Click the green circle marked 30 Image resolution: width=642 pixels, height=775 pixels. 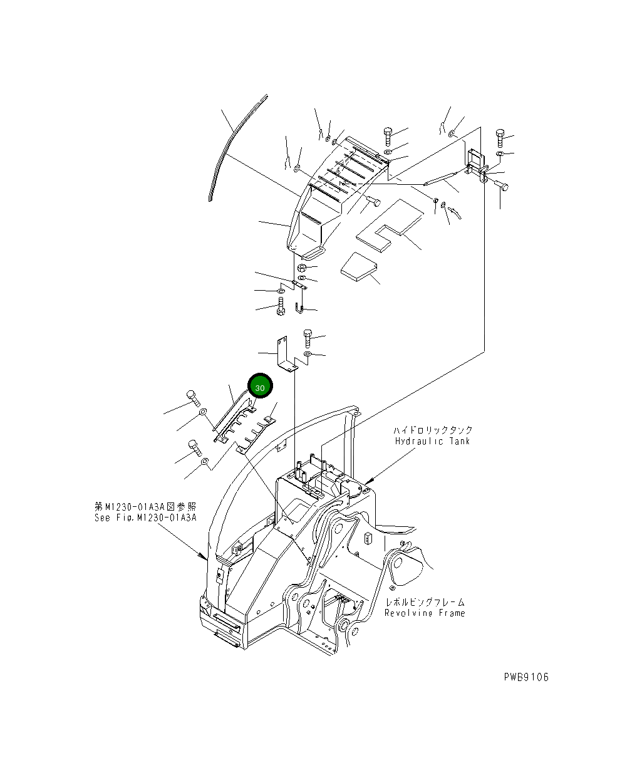[x=261, y=387]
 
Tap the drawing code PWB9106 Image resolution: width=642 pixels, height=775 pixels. [x=526, y=677]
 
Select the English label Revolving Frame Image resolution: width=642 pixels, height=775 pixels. [x=425, y=613]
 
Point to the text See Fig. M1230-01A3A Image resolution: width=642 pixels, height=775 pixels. [x=145, y=518]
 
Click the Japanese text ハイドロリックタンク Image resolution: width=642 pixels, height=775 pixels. [x=433, y=430]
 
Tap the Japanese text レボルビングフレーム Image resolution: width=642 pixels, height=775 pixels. [x=425, y=602]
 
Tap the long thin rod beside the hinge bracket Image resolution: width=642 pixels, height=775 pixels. [x=445, y=176]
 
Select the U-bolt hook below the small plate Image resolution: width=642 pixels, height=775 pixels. [x=299, y=307]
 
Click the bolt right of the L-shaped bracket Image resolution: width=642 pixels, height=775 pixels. [x=308, y=338]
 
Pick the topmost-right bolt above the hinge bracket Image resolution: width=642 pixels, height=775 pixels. [x=500, y=137]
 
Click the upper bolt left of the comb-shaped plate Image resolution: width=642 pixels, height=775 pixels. [x=192, y=397]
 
